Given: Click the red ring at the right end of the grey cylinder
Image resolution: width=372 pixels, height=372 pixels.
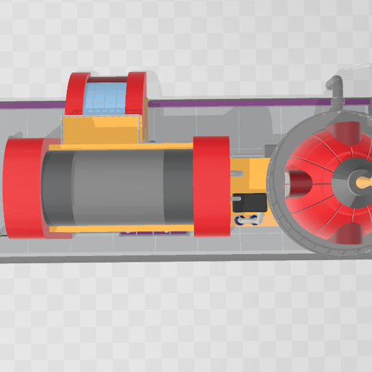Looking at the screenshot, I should click(x=211, y=187).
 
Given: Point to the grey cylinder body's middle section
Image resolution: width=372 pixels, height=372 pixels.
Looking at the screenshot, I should click(x=119, y=185).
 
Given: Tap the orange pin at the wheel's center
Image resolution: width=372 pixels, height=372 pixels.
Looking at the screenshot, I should click(x=360, y=183).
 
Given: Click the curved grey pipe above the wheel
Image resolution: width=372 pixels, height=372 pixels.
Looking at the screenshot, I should click(x=337, y=91).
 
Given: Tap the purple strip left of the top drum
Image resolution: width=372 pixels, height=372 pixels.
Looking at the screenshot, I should click(x=32, y=106).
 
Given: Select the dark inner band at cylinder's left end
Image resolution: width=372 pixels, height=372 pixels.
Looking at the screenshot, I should click(x=55, y=187).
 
